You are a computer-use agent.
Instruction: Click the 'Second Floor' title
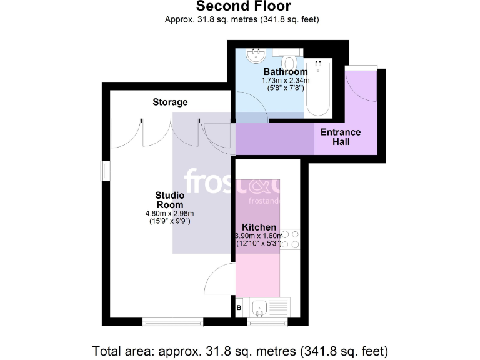pos(243,7)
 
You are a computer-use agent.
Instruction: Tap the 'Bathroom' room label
pos(285,72)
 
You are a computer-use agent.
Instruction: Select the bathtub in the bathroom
pos(318,89)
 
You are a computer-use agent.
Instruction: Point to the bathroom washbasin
pos(254,56)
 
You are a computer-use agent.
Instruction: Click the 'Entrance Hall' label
pos(340,137)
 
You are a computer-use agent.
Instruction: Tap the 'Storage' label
pos(170,102)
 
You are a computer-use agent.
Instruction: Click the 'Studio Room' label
pos(169,200)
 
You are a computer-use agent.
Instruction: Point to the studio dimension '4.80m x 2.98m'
pos(169,213)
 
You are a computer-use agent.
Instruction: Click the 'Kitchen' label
pos(259,227)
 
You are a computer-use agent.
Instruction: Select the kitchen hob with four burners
pos(291,239)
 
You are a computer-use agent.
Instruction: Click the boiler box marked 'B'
pos(239,307)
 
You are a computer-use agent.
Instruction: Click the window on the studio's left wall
pos(105,171)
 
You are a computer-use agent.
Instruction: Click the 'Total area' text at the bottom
pos(240,349)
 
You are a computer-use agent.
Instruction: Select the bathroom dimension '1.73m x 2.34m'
pos(285,81)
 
